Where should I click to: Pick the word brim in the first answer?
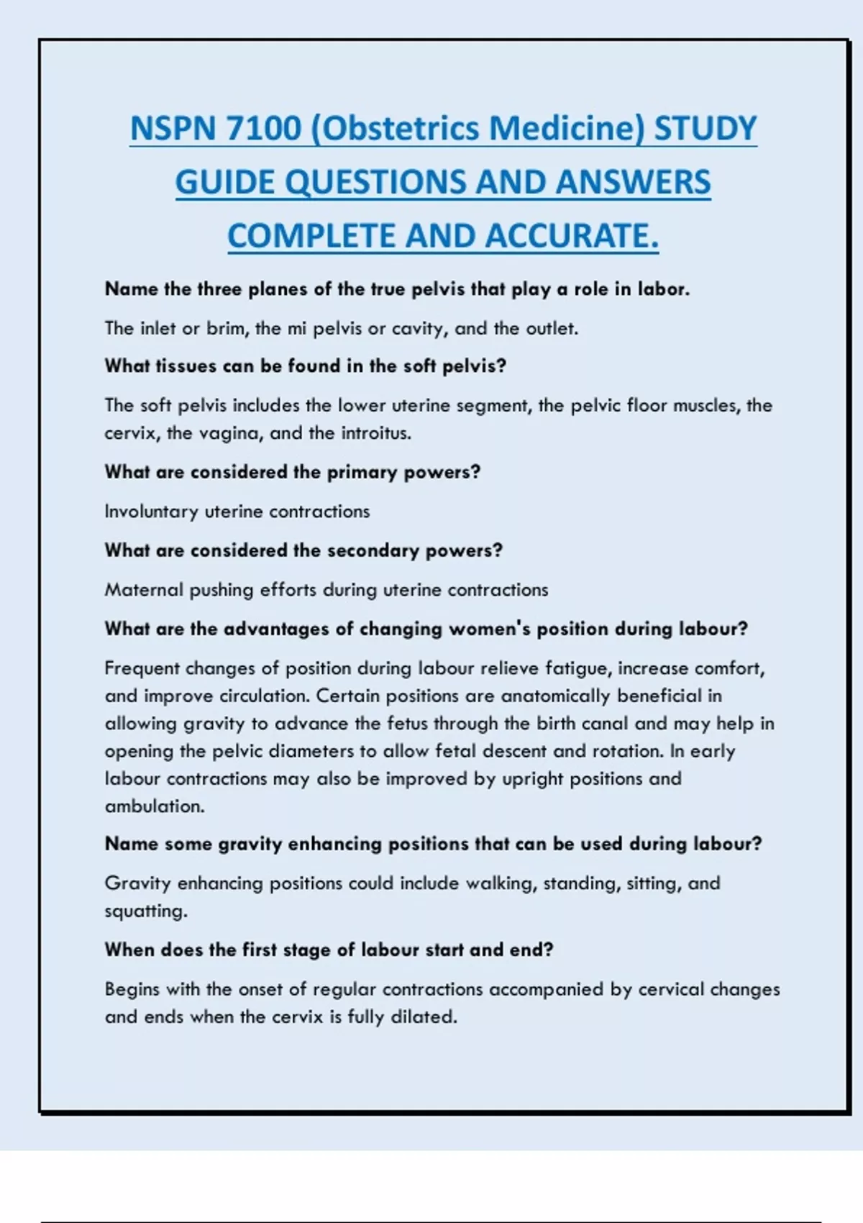point(227,329)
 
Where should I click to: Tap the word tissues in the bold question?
point(186,366)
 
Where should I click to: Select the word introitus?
point(376,433)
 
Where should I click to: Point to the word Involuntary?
point(151,512)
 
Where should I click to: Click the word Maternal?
point(144,590)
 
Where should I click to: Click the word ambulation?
point(154,806)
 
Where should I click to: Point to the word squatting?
point(145,911)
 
